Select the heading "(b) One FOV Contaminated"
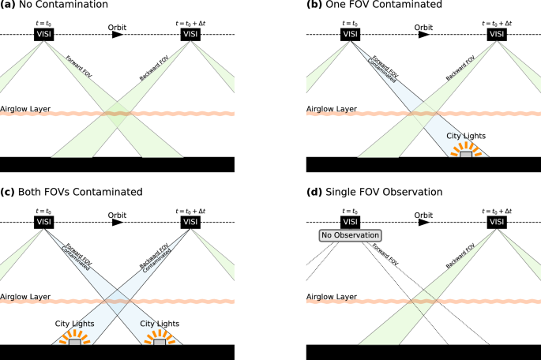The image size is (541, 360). pos(363,6)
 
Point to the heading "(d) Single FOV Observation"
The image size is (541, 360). pos(364,192)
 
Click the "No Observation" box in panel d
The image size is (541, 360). pos(350,235)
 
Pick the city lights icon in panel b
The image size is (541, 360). pos(467,152)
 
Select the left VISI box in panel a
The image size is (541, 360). pos(43,35)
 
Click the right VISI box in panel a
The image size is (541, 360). pos(190,35)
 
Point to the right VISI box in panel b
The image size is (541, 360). pos(497,35)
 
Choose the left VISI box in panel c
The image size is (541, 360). pos(43,222)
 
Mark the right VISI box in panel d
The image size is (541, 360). pos(497,222)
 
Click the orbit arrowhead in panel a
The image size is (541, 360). pos(117,35)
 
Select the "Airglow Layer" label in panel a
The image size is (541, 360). pos(24,108)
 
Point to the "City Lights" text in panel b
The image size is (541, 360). pos(467,135)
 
